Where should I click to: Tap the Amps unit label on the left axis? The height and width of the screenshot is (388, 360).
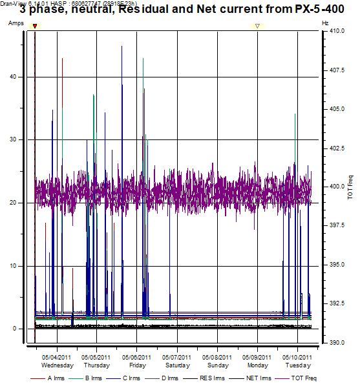(16, 23)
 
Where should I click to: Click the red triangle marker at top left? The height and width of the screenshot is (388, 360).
(35, 26)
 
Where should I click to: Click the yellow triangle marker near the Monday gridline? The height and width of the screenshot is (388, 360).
(257, 26)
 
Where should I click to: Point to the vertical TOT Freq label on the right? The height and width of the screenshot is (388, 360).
(350, 187)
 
